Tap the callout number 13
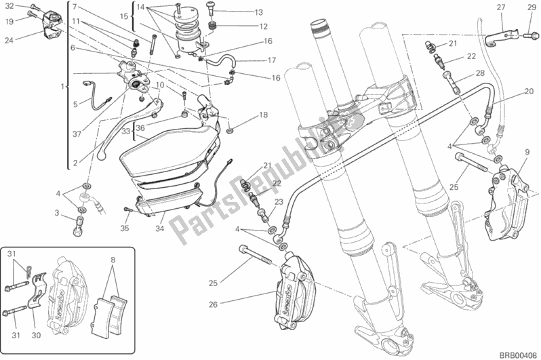click(239, 13)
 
